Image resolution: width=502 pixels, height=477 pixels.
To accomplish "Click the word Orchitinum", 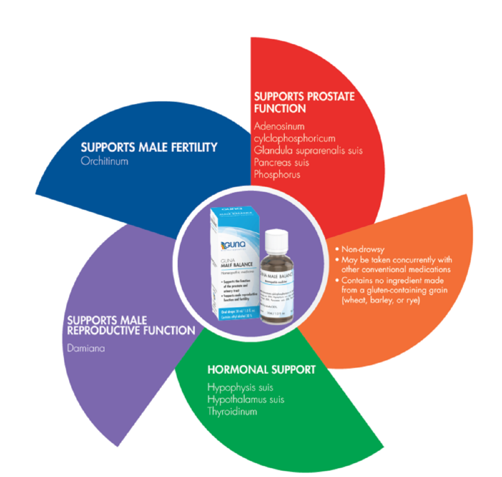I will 105,161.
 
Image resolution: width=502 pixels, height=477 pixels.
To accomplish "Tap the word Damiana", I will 86,348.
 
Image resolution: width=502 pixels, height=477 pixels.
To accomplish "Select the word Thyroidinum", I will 232,412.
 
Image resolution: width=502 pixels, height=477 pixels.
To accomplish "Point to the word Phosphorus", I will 277,174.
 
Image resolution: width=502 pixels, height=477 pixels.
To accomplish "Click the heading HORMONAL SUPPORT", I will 261,370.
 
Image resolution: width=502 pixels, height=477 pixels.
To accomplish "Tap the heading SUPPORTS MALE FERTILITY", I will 149,147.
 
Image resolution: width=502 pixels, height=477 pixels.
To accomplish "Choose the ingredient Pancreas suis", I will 282,162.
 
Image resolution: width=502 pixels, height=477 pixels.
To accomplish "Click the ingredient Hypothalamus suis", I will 246,400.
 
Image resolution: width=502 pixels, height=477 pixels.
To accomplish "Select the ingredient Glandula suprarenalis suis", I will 308,150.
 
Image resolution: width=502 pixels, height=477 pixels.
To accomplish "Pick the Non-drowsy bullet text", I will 363,249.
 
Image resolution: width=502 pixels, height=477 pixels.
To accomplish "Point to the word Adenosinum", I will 279,126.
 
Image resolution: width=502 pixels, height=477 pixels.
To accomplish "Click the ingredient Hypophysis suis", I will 240,387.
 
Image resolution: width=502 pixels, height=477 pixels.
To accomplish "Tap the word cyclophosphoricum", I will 295,138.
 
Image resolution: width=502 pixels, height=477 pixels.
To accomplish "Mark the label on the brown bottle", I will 277,289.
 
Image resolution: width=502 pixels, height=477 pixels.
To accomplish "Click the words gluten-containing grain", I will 407,290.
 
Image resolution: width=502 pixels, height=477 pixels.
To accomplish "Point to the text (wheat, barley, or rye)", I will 380,300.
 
